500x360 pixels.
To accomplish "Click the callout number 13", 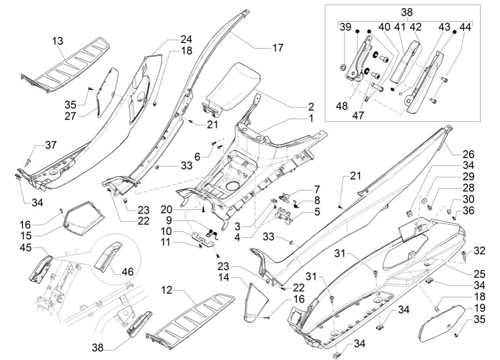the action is (x=58, y=41).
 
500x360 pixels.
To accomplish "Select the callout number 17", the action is (x=278, y=48).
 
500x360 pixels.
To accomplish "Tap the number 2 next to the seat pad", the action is (x=311, y=107).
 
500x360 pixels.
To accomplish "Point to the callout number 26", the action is (x=469, y=154).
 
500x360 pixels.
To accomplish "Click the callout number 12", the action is (x=167, y=290).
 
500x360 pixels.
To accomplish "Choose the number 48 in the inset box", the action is (x=342, y=106).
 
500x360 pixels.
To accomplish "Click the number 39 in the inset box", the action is (x=345, y=27).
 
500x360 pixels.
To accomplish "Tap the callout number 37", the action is (x=51, y=145).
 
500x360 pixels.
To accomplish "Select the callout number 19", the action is (x=479, y=308).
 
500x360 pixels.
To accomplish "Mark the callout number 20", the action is (x=167, y=210).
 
